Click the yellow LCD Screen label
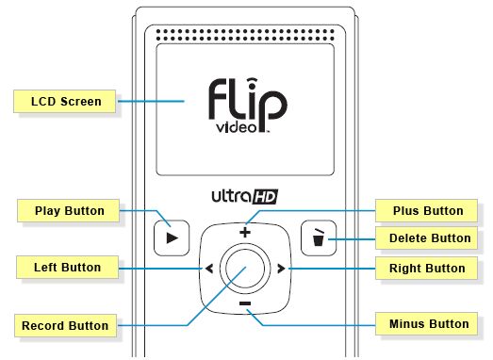[64, 101]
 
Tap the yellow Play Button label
[68, 210]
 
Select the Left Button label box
[67, 268]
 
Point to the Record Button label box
[65, 325]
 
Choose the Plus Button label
[426, 210]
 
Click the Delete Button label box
[426, 238]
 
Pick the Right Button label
[426, 269]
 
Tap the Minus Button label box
[426, 323]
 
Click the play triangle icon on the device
[172, 238]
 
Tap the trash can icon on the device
[319, 237]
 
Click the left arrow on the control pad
[209, 269]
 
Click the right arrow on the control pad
[281, 269]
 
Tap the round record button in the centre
[245, 269]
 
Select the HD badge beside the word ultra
[265, 197]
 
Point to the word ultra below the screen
[231, 196]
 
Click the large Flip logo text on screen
[248, 101]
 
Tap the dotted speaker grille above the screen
[245, 35]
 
